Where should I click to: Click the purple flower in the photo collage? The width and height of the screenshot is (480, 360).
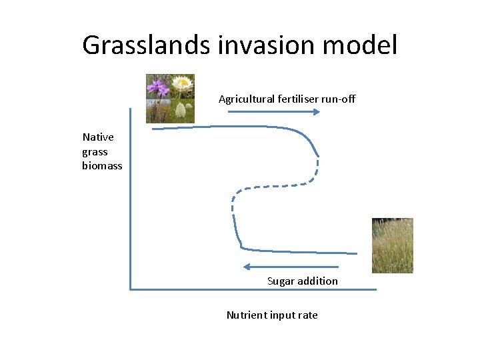(158, 87)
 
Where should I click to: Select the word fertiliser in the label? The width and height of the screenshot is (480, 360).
(298, 99)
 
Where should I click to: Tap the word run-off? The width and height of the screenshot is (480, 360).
(339, 99)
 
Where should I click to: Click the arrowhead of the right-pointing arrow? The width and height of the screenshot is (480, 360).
(317, 112)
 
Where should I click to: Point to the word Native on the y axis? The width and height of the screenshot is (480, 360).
(98, 137)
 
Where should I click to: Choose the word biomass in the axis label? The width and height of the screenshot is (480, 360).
(102, 165)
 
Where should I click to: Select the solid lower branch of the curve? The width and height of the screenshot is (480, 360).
(300, 252)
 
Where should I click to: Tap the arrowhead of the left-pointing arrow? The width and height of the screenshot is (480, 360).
(247, 267)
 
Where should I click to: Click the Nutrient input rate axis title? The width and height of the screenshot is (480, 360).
(272, 315)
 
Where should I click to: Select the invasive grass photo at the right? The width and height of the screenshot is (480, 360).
(392, 245)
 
